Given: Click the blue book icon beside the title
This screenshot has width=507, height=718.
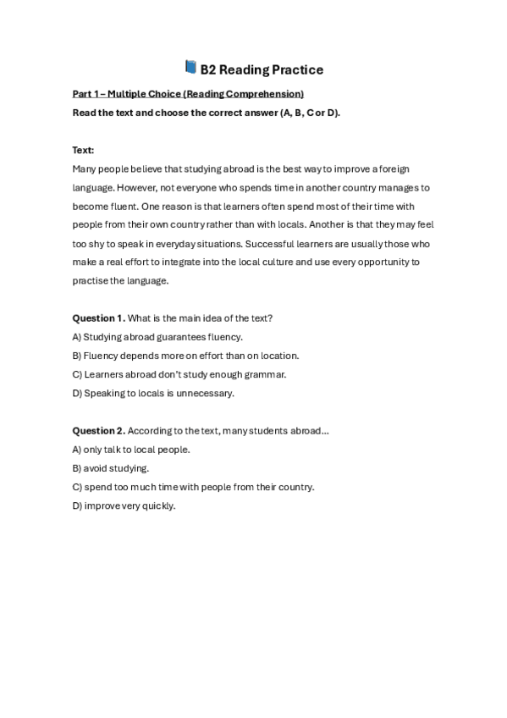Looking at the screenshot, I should click(190, 68).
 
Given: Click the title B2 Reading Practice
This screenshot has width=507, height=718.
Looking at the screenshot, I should click(262, 69).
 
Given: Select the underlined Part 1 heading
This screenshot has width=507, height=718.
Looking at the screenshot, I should click(188, 94).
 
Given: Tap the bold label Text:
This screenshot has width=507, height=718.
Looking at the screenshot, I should click(83, 150).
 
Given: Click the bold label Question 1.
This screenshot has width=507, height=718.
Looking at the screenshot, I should click(98, 318).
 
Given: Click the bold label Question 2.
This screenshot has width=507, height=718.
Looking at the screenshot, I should click(98, 431).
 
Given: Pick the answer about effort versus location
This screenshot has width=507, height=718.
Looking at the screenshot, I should click(185, 356).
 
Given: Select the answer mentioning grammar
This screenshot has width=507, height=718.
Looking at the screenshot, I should click(179, 374).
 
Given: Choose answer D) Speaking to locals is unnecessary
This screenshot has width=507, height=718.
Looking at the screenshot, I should click(153, 393).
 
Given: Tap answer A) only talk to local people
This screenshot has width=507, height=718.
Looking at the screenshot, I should click(131, 450).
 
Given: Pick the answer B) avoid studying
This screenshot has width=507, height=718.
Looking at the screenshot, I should click(111, 468).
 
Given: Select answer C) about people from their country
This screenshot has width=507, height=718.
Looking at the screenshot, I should click(193, 487).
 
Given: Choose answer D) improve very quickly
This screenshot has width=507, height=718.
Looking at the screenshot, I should click(124, 505).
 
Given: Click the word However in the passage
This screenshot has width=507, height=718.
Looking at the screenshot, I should click(135, 188).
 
